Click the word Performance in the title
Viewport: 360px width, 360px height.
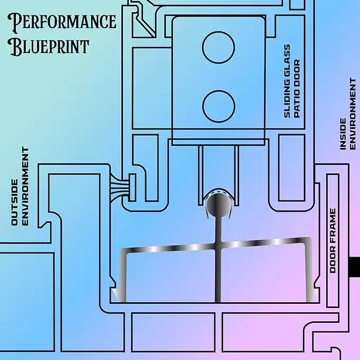coord(62,21)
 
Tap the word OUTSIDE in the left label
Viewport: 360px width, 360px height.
coord(14,202)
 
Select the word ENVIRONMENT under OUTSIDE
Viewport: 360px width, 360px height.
coord(25,186)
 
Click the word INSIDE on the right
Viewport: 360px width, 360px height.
coord(343,134)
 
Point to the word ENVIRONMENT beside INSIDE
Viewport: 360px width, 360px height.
coord(353,113)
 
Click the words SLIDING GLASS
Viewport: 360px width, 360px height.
coord(287,81)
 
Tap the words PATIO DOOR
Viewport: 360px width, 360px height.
coord(297,89)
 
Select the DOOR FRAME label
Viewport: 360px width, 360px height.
coord(332,241)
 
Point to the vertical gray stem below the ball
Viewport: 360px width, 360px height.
coord(218,259)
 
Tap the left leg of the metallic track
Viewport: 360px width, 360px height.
coord(122,276)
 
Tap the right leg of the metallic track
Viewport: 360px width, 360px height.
coord(309,271)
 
